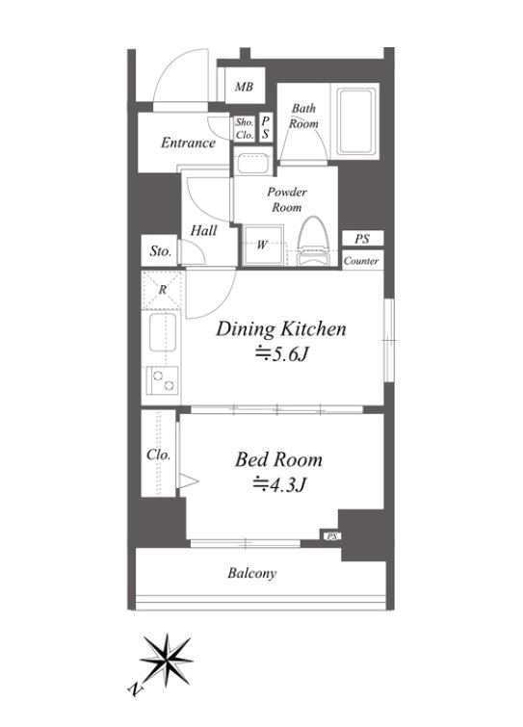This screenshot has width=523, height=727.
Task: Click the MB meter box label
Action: pyautogui.click(x=244, y=87)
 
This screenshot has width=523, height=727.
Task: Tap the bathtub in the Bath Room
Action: pyautogui.click(x=355, y=121)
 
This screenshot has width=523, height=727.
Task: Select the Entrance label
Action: pyautogui.click(x=188, y=143)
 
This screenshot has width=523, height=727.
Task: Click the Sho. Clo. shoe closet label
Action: pyautogui.click(x=245, y=128)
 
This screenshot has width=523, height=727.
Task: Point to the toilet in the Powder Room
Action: pyautogui.click(x=313, y=241)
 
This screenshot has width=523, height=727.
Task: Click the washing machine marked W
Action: pyautogui.click(x=263, y=245)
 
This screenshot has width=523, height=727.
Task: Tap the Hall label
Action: pyautogui.click(x=203, y=230)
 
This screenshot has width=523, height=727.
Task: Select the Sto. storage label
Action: pyautogui.click(x=161, y=251)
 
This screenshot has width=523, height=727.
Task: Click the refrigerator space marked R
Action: pyautogui.click(x=162, y=290)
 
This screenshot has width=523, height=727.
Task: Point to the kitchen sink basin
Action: pyautogui.click(x=162, y=332)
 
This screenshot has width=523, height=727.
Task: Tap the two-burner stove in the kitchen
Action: pyautogui.click(x=162, y=380)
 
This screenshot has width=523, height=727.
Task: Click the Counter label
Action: pyautogui.click(x=361, y=261)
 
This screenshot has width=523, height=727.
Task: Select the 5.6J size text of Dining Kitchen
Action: pyautogui.click(x=283, y=354)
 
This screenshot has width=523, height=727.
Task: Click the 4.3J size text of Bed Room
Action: pyautogui.click(x=278, y=485)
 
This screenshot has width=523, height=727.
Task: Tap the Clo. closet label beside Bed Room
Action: pyautogui.click(x=159, y=454)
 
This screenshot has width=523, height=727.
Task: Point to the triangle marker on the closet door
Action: pyautogui.click(x=188, y=480)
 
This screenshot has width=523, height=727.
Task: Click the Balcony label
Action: pyautogui.click(x=251, y=574)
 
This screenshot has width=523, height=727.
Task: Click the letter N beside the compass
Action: pyautogui.click(x=135, y=689)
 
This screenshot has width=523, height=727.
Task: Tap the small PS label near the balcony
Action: pyautogui.click(x=331, y=536)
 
